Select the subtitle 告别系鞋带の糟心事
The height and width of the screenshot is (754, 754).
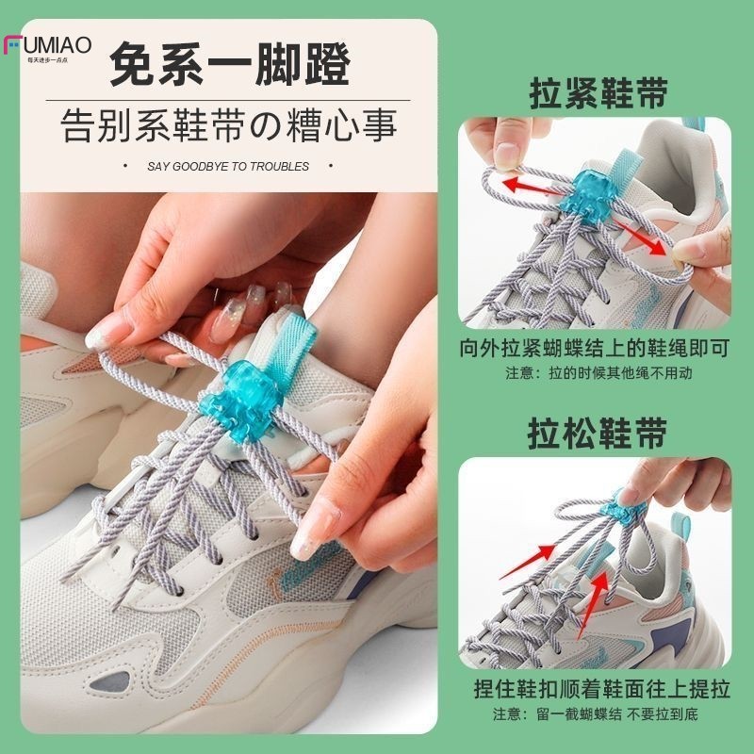click(229, 123)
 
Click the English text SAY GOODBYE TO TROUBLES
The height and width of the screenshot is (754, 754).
click(228, 167)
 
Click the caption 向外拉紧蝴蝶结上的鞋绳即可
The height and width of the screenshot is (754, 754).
click(596, 349)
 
